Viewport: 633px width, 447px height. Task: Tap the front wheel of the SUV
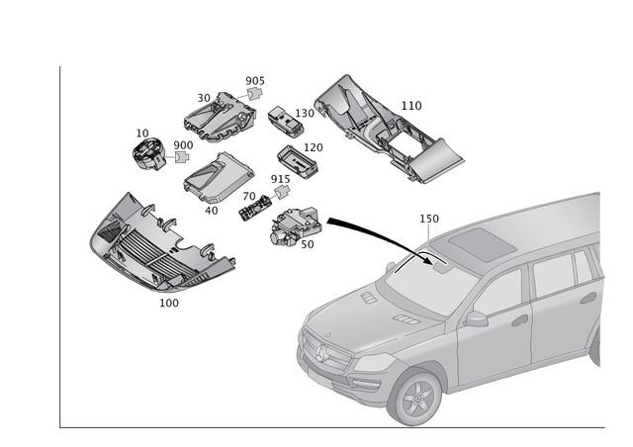(415, 399)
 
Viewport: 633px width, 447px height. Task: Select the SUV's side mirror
(477, 318)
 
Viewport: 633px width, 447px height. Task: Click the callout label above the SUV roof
(428, 217)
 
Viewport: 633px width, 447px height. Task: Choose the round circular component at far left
(147, 151)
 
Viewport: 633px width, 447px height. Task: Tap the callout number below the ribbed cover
(169, 301)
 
